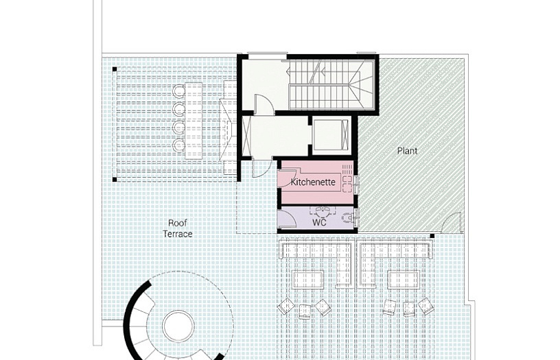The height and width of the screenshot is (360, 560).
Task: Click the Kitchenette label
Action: point(313,182)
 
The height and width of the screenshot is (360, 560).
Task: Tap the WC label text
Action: point(319,223)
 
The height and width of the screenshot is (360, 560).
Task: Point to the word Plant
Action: point(407,151)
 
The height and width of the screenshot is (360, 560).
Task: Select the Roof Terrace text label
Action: point(178,229)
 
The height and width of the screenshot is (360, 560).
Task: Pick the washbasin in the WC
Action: point(323,211)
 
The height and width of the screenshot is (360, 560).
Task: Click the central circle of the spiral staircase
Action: point(178,326)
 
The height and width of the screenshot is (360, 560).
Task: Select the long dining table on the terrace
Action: point(194,120)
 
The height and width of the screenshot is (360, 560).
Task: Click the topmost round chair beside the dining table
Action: point(178,91)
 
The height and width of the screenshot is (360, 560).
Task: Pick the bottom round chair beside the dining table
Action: point(178,145)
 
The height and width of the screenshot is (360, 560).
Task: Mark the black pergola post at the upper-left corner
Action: point(115,69)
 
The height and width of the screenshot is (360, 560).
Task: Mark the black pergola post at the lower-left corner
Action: point(115,180)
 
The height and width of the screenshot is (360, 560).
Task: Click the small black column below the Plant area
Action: point(432,236)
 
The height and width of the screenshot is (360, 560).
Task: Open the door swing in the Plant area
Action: point(451,223)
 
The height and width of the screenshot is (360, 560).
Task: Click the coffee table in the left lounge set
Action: point(308,279)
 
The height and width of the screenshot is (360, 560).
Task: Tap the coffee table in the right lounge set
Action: point(404,279)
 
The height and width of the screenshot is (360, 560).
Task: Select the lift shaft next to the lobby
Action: point(330,135)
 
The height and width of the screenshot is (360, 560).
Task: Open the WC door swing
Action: point(287,219)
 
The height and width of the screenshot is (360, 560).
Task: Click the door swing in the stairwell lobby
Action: point(264,104)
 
